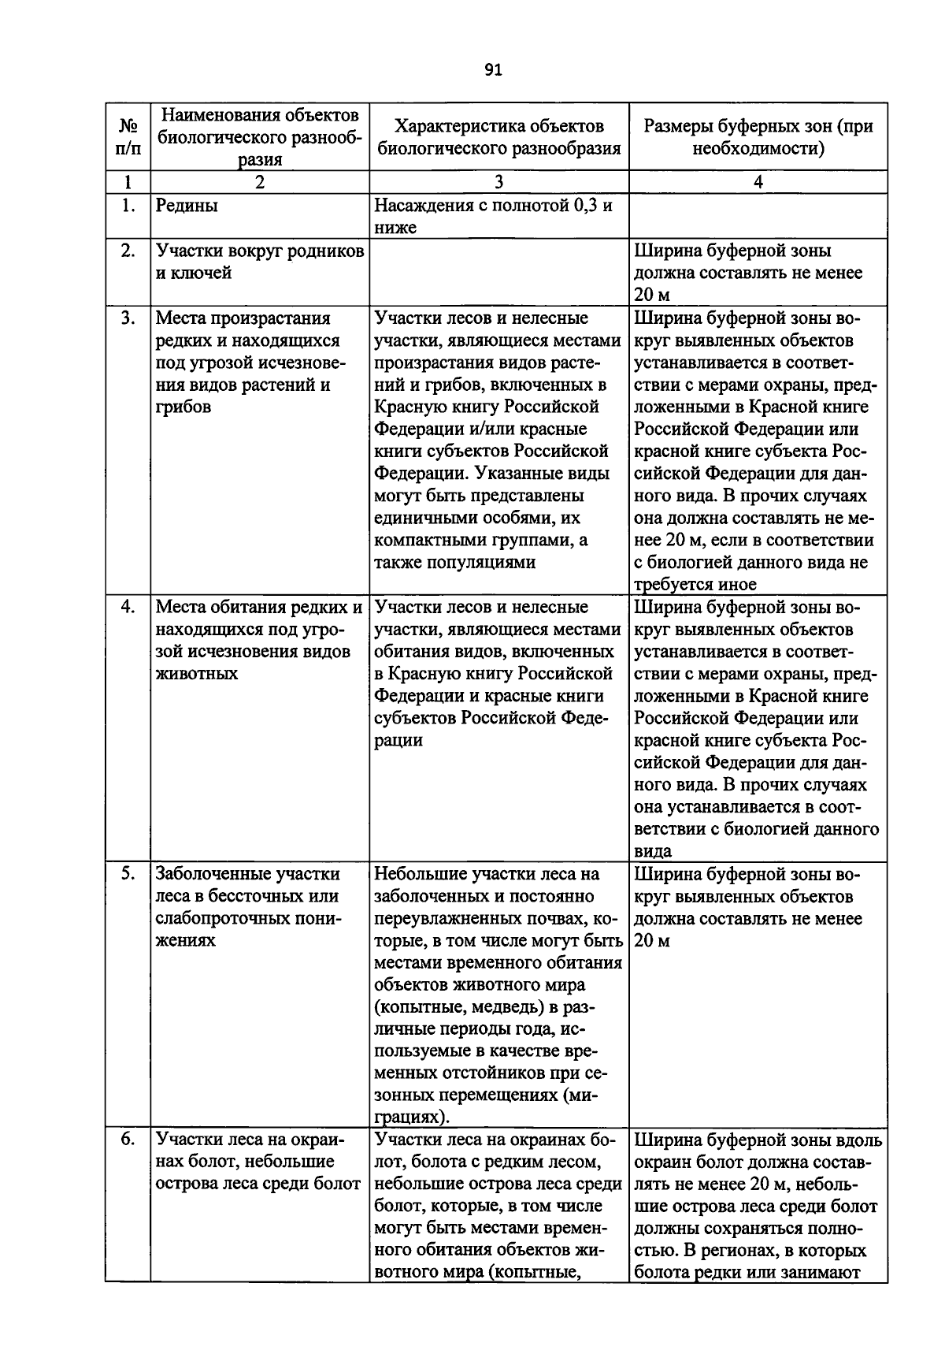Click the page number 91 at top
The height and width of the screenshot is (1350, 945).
pos(493,71)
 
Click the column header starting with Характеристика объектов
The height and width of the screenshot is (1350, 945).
pos(498,137)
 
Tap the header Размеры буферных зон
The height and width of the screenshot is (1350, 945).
pos(758,137)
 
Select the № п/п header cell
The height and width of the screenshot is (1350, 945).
pos(128,137)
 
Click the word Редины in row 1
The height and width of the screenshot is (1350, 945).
pos(187,206)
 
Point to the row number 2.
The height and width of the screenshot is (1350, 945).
pos(128,251)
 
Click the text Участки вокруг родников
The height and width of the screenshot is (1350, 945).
pos(260,251)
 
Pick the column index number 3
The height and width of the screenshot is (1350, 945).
pos(498,182)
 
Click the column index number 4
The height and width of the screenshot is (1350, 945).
pos(758,182)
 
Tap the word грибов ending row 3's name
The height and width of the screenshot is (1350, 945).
pos(183,407)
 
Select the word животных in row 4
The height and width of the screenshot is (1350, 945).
pos(197,674)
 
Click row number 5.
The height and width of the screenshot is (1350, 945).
pos(128,874)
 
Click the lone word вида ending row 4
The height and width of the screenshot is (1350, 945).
pos(653,851)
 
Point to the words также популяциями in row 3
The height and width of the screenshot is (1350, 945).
pos(455,563)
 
